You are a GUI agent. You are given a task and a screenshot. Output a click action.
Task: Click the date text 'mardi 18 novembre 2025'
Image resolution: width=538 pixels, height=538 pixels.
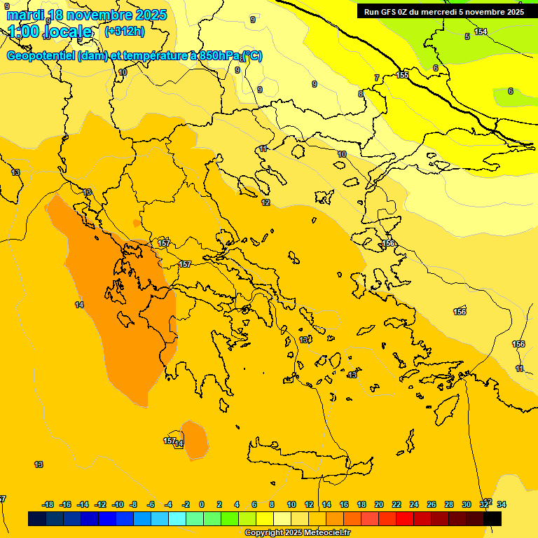[87, 15]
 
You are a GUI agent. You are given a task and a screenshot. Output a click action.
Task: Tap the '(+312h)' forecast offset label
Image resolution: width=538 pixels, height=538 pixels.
[124, 31]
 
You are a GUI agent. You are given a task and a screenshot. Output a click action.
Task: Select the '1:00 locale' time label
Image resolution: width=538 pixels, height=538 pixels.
[50, 32]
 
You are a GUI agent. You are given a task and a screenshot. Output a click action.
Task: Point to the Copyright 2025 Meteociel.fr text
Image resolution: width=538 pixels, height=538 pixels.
[298, 532]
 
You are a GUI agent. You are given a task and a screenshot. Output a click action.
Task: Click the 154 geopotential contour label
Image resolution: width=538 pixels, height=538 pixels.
[481, 32]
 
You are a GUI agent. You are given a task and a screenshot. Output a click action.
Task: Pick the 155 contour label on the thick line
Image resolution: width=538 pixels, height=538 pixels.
[402, 75]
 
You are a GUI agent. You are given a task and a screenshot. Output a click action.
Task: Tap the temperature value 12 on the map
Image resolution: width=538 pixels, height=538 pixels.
[265, 202]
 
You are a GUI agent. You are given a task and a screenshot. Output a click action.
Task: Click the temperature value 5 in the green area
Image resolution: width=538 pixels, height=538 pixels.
[467, 36]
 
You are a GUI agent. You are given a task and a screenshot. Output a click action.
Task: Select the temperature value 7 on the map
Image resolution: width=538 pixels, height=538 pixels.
[377, 78]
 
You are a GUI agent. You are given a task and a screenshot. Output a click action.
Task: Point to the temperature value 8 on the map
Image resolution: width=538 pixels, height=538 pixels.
[361, 94]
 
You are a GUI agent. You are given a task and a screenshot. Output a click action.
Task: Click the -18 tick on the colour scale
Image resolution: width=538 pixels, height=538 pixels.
[48, 504]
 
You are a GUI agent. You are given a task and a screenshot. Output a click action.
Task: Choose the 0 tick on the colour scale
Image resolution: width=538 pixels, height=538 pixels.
[202, 504]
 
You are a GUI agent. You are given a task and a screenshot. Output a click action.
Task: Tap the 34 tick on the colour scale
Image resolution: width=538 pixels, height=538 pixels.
[502, 504]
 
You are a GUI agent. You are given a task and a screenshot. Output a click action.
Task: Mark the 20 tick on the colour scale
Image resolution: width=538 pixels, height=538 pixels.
[379, 504]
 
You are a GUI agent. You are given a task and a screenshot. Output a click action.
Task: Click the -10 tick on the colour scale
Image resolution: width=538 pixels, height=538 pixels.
[118, 504]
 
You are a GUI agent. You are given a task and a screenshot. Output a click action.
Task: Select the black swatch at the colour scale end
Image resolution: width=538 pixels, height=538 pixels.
[492, 518]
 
